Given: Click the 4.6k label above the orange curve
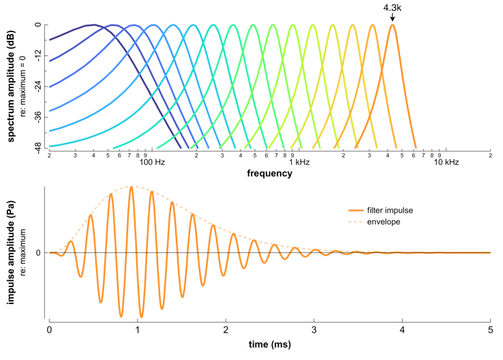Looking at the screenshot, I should (x=393, y=7).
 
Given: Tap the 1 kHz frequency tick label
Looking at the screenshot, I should (x=299, y=162).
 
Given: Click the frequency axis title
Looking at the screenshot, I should (x=270, y=174).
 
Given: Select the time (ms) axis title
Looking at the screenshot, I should (x=270, y=344).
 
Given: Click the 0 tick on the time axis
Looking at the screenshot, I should (x=49, y=330).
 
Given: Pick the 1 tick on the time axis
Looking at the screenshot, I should (x=138, y=330).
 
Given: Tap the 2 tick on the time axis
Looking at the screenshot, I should (x=226, y=330).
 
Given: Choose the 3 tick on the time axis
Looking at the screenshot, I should (x=314, y=330).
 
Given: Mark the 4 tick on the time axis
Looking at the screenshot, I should (x=402, y=330).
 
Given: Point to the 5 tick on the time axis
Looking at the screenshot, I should (x=490, y=330).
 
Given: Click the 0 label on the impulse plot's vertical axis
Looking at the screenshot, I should (x=39, y=253).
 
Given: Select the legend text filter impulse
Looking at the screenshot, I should (x=390, y=210).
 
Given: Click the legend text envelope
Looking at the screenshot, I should (x=384, y=222).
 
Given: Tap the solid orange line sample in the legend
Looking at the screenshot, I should (x=356, y=210).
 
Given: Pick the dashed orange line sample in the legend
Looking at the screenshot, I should (x=356, y=222).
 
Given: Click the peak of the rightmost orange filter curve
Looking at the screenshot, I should (x=393, y=25).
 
